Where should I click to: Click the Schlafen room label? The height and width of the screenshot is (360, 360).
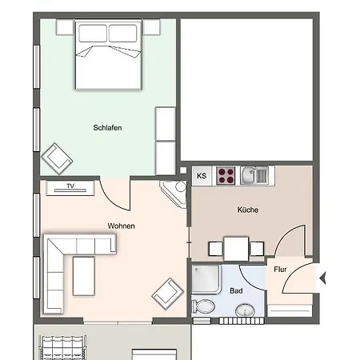(107, 128)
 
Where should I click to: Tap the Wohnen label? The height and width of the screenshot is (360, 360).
(121, 226)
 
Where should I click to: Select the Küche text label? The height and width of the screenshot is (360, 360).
(248, 210)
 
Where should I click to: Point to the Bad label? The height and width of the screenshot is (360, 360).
(236, 290)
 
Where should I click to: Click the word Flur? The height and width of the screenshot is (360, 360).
(280, 270)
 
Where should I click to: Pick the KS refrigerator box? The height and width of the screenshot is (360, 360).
(202, 176)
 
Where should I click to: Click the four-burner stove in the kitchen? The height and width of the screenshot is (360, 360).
(226, 175)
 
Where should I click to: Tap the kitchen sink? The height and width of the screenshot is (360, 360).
(254, 175)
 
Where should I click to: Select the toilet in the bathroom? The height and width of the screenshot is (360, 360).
(203, 306)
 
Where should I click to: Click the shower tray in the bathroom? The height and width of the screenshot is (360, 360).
(206, 279)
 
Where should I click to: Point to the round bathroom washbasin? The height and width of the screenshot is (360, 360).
(245, 310)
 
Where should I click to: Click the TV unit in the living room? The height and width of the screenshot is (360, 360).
(70, 188)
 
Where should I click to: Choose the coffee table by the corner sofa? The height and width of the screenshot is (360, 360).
(84, 276)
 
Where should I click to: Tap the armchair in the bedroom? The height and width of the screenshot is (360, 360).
(57, 158)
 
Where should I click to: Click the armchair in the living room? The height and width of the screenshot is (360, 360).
(168, 294)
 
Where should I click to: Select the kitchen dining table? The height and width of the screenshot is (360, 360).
(236, 249)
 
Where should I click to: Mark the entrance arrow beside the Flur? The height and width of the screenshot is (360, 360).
(323, 278)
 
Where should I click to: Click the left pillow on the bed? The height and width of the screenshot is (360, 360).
(93, 33)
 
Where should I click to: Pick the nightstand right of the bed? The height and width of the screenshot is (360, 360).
(151, 27)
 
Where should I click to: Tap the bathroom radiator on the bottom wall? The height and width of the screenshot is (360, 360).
(242, 321)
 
